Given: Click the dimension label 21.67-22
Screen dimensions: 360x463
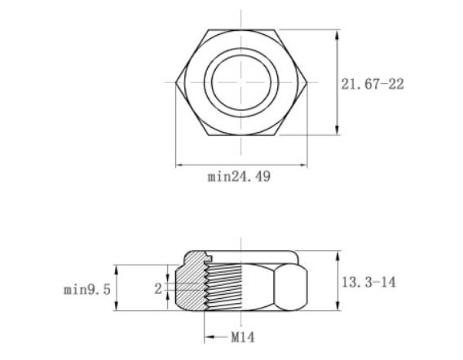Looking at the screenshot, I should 373,84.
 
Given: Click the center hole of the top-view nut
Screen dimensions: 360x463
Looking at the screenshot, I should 242,83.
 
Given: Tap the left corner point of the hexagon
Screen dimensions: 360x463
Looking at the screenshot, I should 178,83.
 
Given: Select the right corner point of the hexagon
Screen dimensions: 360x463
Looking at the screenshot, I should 307,83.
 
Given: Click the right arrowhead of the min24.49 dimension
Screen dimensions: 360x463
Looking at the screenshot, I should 303,166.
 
